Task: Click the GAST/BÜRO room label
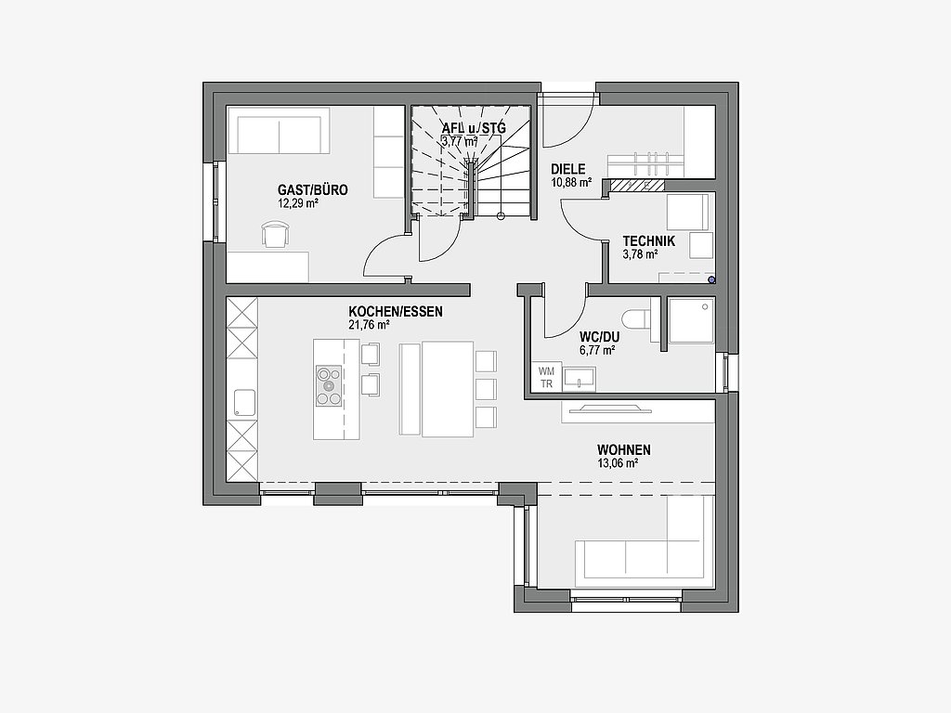pos(313,189)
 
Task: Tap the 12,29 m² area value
pos(298,203)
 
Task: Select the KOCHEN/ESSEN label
pos(396,312)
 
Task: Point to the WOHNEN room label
pos(623,450)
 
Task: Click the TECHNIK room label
pos(648,241)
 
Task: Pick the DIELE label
pos(568,169)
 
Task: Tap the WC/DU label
pos(600,336)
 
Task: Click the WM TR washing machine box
pos(546,378)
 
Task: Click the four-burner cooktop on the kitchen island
pos(329,385)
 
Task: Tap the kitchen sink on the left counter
pos(244,403)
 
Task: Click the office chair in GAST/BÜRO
pos(276,235)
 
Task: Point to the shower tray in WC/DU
pos(691,320)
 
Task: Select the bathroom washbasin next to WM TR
pos(580,379)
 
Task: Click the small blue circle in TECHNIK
pos(711,279)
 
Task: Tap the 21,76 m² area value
pos(369,325)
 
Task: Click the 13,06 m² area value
pos(618,464)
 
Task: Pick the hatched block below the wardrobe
pos(637,185)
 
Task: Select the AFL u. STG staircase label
pos(474,128)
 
